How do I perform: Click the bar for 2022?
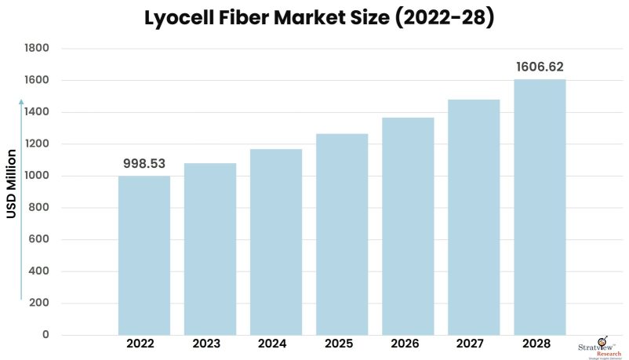pyautogui.click(x=144, y=255)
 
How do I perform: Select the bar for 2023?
pyautogui.click(x=210, y=249)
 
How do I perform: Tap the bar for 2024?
pyautogui.click(x=276, y=242)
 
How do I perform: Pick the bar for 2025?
pyautogui.click(x=342, y=234)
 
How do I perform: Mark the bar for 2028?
pyautogui.click(x=540, y=207)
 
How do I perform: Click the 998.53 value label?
pyautogui.click(x=144, y=164)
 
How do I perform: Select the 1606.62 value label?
pyautogui.click(x=540, y=67)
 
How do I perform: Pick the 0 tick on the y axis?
pyautogui.click(x=45, y=335)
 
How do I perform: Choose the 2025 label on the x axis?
pyautogui.click(x=342, y=344)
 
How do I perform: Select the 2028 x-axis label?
pyautogui.click(x=540, y=344)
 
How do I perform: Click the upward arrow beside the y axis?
pyautogui.click(x=21, y=196)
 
